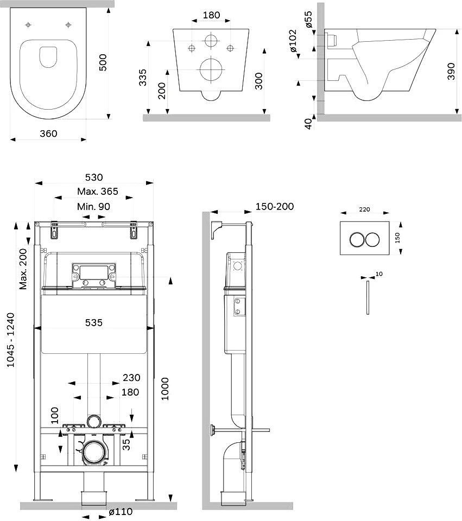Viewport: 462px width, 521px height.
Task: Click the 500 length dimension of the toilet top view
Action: [103, 62]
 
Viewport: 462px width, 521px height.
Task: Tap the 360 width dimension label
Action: [48, 134]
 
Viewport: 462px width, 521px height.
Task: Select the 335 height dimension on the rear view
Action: [143, 78]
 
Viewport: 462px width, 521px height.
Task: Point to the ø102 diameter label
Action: [293, 41]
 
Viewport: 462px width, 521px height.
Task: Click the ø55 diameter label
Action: [308, 20]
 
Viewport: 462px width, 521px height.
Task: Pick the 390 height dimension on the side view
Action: [451, 71]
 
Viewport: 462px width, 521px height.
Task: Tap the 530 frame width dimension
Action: [94, 177]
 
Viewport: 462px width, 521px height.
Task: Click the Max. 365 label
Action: [98, 192]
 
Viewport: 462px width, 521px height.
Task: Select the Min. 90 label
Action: [93, 207]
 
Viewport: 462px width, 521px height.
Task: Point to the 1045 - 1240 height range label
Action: [11, 340]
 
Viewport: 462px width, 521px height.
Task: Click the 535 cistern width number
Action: [94, 322]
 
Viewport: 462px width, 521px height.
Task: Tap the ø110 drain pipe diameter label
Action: [121, 512]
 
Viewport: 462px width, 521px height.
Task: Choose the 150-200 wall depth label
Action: [275, 206]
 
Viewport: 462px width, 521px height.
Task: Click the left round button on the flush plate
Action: [357, 239]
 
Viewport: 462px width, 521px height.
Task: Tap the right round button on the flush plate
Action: [372, 239]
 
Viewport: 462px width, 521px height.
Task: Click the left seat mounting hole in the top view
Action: [28, 24]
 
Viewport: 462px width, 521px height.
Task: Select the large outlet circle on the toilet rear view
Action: [211, 69]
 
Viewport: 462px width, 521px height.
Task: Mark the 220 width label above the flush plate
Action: [365, 209]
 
